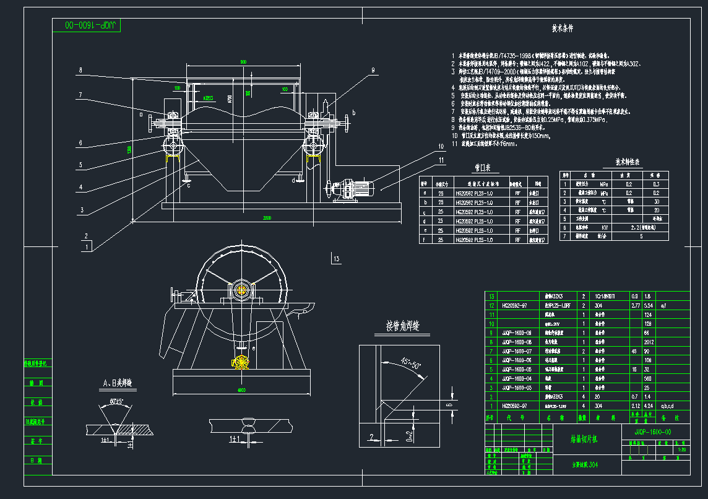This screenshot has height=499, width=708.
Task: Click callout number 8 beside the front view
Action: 80,69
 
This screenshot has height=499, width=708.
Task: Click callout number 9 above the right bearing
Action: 373,71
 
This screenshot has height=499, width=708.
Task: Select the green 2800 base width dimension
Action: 266,219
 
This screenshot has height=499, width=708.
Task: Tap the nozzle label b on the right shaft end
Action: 353,112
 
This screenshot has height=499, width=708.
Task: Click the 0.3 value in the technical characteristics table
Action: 656,184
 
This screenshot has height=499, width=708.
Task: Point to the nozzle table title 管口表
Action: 483,167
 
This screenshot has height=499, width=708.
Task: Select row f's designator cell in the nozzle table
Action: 425,240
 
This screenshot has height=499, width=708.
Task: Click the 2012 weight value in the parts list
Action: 649,341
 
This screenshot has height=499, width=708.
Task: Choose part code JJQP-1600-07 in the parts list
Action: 517,350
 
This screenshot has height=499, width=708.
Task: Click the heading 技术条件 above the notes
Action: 563,28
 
